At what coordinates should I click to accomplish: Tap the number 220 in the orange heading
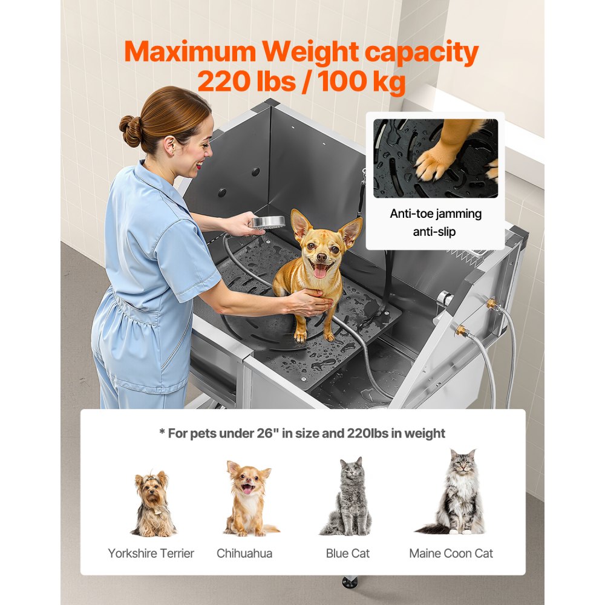(x=224, y=81)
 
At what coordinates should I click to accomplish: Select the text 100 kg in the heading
(x=363, y=81)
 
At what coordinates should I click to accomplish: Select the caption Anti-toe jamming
(x=435, y=214)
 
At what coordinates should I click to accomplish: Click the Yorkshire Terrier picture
(x=153, y=503)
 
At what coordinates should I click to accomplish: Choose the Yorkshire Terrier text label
(x=151, y=553)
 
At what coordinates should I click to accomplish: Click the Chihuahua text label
(x=244, y=553)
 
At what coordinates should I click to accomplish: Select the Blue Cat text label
(x=347, y=553)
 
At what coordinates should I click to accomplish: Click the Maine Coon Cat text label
(x=451, y=553)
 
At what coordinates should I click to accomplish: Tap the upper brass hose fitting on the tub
(x=491, y=302)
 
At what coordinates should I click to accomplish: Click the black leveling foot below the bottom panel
(x=349, y=583)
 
